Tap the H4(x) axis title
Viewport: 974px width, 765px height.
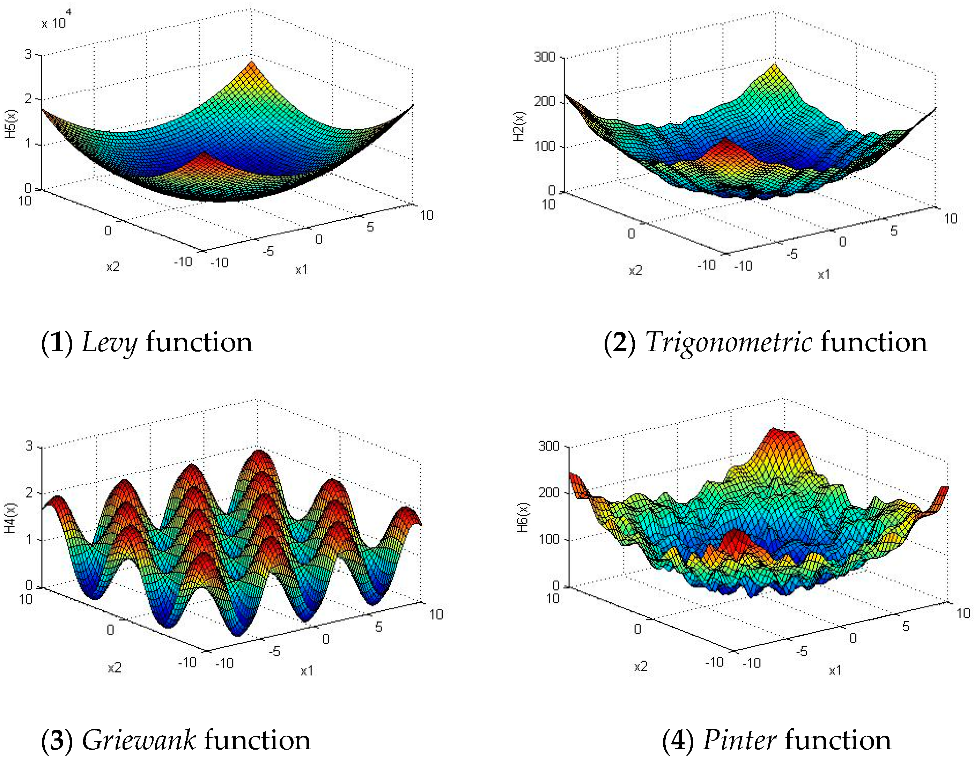[10, 518]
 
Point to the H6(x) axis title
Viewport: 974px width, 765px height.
[523, 517]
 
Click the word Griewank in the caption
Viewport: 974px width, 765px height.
[138, 740]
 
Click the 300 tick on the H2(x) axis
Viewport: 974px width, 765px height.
[544, 57]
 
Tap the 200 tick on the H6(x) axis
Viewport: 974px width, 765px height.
[548, 493]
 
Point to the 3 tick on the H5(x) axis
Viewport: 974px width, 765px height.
[28, 54]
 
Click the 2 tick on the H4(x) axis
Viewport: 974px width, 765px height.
[29, 493]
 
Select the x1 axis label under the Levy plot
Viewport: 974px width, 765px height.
[301, 270]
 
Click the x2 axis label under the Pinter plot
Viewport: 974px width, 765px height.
[640, 667]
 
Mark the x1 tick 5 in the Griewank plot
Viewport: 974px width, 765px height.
[378, 627]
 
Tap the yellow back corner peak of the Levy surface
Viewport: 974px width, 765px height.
[252, 65]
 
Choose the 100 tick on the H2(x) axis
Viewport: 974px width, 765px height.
[544, 146]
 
